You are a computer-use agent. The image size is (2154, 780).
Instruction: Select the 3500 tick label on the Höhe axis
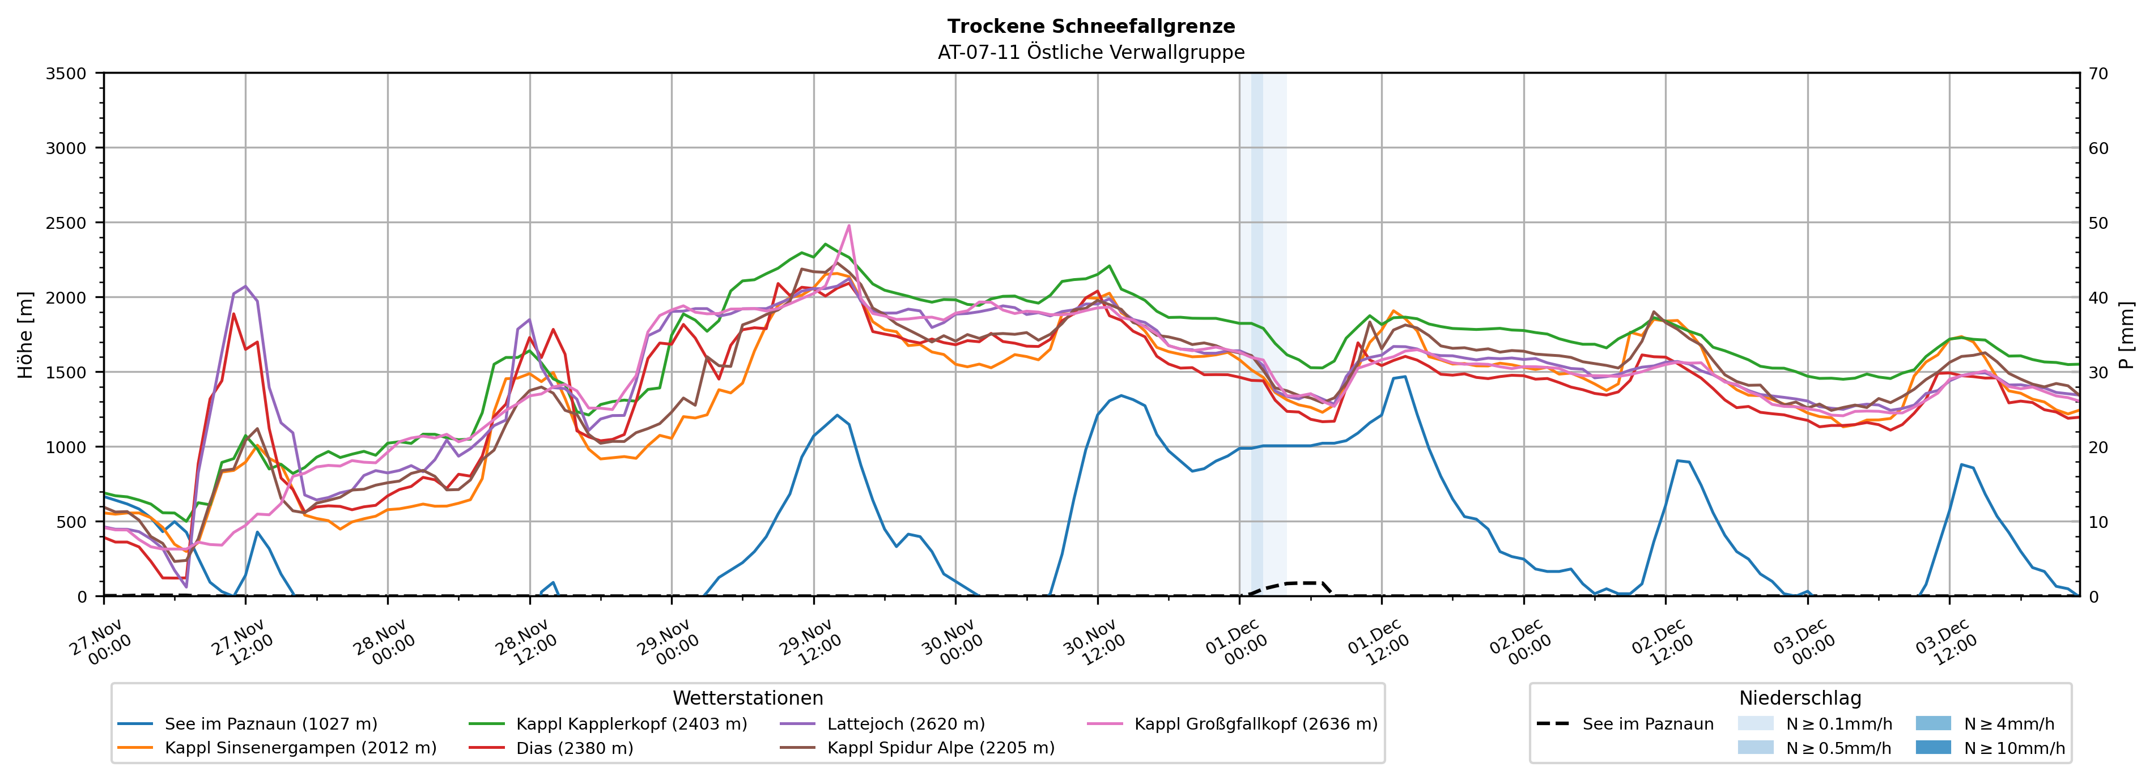(x=65, y=74)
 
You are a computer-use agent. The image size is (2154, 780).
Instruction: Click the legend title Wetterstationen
(x=747, y=698)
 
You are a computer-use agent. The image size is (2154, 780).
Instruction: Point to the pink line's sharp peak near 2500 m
(x=849, y=225)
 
